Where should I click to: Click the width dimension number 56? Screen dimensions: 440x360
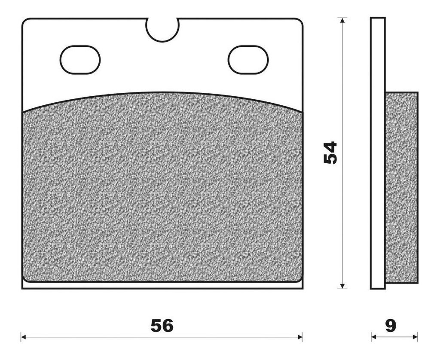click(162, 326)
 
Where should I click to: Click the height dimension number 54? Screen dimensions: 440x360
click(330, 153)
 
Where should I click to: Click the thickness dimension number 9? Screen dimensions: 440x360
click(391, 326)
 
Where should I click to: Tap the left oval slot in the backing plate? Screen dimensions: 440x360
click(80, 60)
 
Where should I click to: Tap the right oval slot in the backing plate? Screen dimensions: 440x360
click(248, 60)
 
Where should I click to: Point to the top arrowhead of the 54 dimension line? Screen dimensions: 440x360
click(342, 20)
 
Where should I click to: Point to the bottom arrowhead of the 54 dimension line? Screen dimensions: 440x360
click(342, 285)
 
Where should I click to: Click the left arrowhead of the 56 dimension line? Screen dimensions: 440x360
click(24, 337)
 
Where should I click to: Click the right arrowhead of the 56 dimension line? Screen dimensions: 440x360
click(299, 337)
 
